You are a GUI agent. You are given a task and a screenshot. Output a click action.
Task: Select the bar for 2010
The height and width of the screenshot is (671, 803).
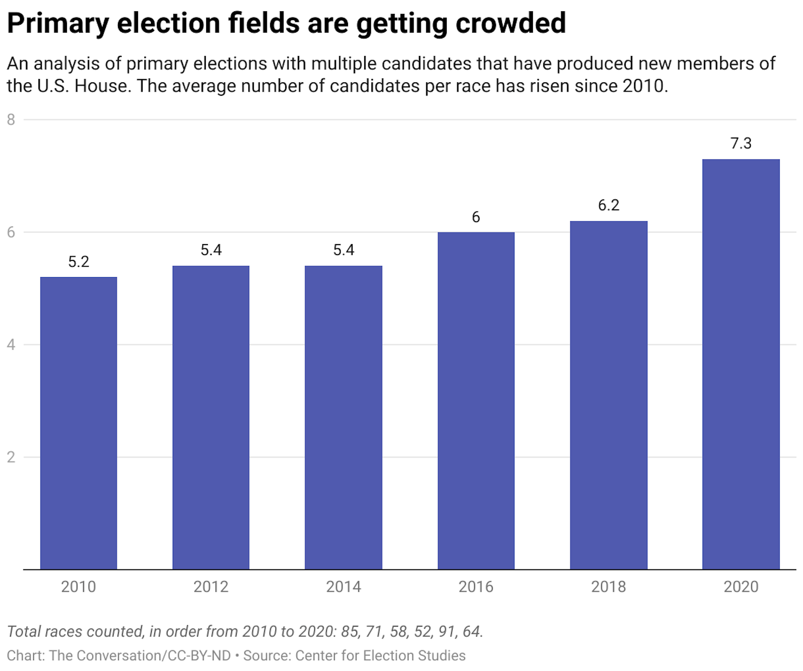tap(79, 423)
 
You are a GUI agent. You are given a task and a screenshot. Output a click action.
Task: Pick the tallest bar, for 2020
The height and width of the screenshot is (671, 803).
tap(741, 364)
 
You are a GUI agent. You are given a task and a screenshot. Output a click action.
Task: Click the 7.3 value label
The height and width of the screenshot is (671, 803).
tap(741, 143)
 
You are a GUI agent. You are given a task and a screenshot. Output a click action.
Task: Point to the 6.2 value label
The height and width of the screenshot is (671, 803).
tap(609, 205)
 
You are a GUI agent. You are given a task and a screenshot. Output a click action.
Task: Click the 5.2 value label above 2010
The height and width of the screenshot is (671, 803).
tap(79, 262)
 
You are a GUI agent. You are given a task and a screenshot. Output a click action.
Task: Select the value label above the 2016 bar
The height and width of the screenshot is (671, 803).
tap(476, 217)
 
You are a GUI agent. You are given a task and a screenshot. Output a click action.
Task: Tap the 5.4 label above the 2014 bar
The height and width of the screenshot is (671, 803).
tap(343, 250)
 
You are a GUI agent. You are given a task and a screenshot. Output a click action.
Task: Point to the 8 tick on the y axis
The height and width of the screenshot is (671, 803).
tap(11, 120)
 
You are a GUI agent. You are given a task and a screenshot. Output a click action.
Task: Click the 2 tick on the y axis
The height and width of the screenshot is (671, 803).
tap(11, 457)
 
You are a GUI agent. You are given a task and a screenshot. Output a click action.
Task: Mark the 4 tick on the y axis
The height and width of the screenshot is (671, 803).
tap(11, 345)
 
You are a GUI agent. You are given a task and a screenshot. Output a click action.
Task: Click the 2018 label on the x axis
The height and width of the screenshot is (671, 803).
tap(609, 587)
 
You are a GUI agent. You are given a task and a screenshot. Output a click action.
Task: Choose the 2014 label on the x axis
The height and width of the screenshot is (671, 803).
tap(343, 587)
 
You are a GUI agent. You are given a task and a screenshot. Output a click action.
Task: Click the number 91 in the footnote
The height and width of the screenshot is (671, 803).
tap(447, 631)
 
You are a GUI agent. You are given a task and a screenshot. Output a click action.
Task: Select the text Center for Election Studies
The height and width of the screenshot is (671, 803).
tap(380, 656)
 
